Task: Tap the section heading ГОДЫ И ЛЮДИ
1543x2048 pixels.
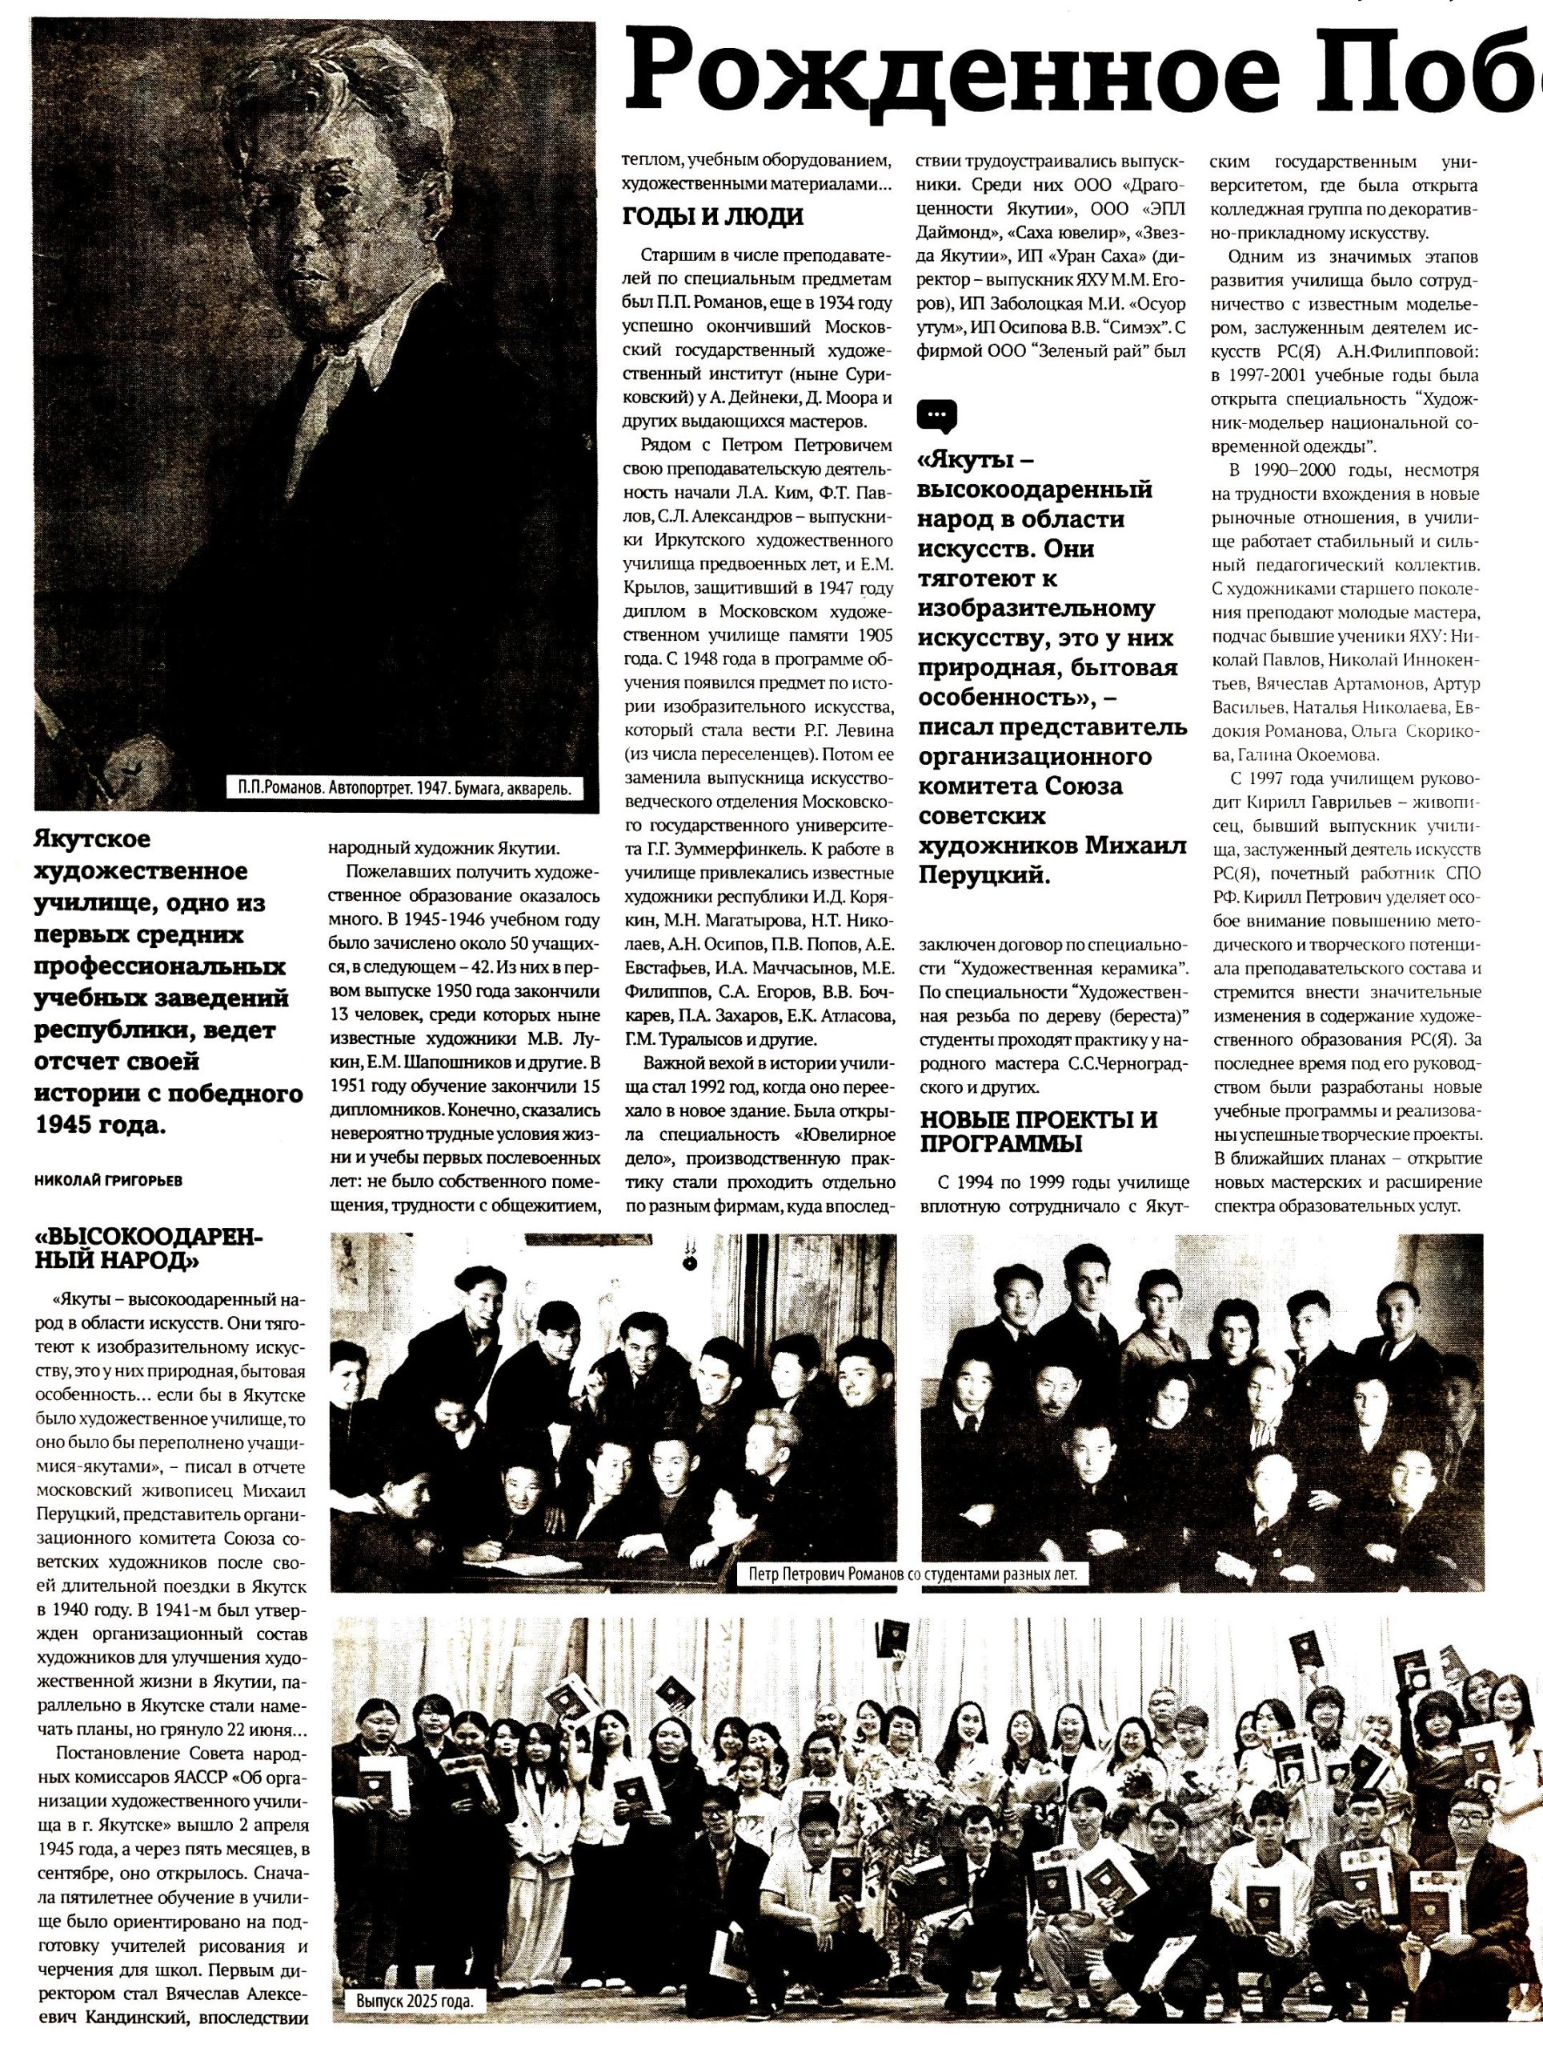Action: (x=712, y=217)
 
